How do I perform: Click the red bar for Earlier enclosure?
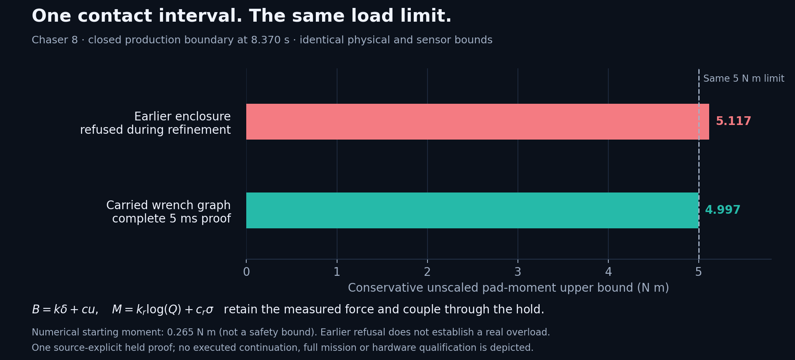point(477,122)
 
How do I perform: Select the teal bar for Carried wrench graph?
point(472,210)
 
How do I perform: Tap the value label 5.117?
point(733,121)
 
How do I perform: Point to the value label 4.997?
point(722,210)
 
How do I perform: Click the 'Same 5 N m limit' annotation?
point(744,79)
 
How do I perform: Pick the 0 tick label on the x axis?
point(246,272)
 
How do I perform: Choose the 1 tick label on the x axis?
point(337,272)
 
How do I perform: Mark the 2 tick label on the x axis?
point(427,272)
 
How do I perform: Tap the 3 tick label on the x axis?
point(517,272)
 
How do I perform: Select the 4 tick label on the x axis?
point(608,272)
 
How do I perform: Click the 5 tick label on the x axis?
point(698,272)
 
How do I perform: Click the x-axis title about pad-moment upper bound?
point(508,288)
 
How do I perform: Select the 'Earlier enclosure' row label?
point(155,123)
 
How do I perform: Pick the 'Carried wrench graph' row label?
point(168,212)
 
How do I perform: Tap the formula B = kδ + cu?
point(65,310)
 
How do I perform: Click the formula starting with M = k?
point(162,310)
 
